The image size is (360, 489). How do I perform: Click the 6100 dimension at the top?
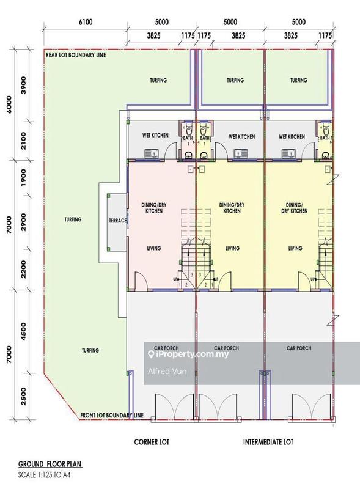pos(86,22)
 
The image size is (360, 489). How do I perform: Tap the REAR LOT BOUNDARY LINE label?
pos(76,55)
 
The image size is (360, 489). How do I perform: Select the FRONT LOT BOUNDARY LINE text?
pos(112,415)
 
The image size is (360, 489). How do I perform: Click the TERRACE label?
pos(117,221)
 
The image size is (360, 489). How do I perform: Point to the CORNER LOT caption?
pos(152,442)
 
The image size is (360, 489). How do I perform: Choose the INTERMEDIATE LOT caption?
pos(268,442)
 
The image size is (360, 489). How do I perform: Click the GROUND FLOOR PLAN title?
pos(50,464)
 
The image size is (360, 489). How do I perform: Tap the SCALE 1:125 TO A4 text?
pos(44,476)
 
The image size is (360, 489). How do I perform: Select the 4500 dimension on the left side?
pos(23,331)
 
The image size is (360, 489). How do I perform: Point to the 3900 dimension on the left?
pos(23,85)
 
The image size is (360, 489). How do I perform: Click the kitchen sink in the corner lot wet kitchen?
pos(152,153)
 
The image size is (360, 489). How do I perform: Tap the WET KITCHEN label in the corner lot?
pos(155,135)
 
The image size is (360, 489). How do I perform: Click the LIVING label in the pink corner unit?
pos(154,248)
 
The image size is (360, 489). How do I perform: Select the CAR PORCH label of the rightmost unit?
pos(299,348)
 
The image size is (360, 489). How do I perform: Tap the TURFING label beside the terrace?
pos(73,219)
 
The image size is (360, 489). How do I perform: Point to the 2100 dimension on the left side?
pos(23,141)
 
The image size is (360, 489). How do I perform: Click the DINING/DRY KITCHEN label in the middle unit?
pos(232,208)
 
